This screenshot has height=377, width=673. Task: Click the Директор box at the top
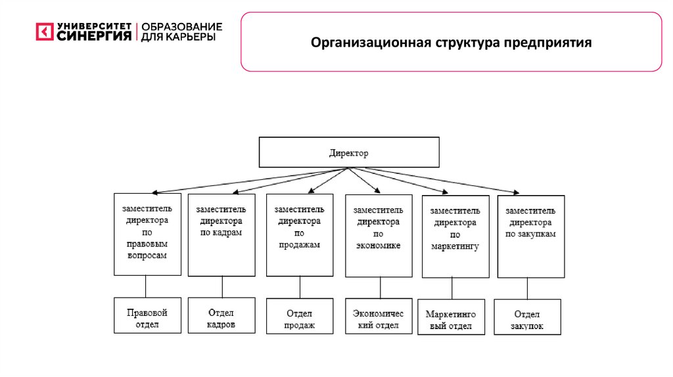pyautogui.click(x=348, y=152)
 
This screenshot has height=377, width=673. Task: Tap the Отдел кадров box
pyautogui.click(x=221, y=316)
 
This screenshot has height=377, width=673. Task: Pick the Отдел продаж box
pyautogui.click(x=300, y=317)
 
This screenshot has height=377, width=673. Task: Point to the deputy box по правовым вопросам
pyautogui.click(x=147, y=234)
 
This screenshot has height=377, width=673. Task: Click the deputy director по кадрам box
pyautogui.click(x=221, y=234)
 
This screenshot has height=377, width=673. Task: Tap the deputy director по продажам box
pyautogui.click(x=300, y=234)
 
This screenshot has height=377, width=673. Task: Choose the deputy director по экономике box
pyautogui.click(x=379, y=235)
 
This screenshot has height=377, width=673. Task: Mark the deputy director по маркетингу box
pyautogui.click(x=455, y=236)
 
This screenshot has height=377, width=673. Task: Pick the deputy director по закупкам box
pyautogui.click(x=531, y=236)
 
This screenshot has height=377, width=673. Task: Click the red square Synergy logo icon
pyautogui.click(x=44, y=32)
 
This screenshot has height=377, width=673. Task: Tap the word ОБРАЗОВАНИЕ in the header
pyautogui.click(x=182, y=27)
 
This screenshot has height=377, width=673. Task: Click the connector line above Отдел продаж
pyautogui.click(x=300, y=287)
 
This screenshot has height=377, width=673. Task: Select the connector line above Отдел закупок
pyautogui.click(x=528, y=288)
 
